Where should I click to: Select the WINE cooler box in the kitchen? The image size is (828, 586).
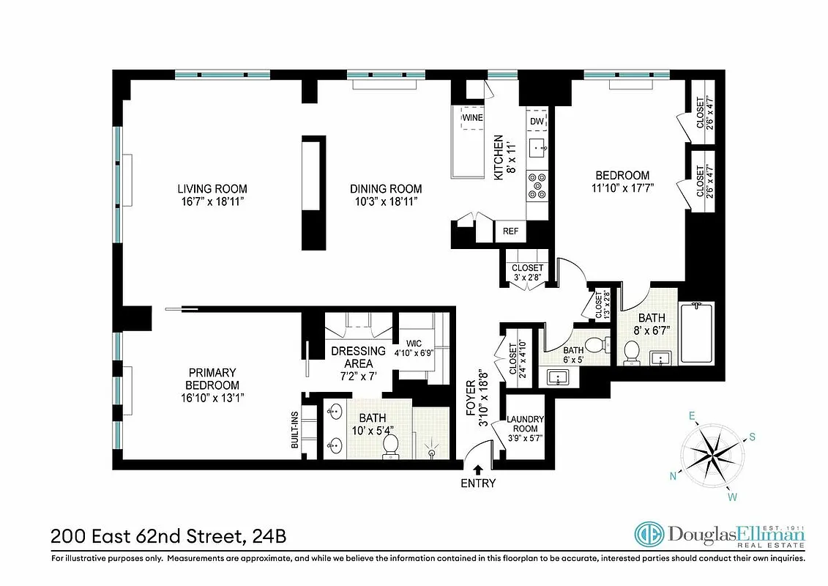click(x=471, y=117)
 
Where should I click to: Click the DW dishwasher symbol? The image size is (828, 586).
click(x=536, y=120)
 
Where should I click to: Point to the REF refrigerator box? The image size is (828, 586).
click(x=510, y=231)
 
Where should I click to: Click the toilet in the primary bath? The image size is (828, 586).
click(x=392, y=445)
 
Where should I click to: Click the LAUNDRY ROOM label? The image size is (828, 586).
click(x=526, y=424)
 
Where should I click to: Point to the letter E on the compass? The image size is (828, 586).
click(x=690, y=416)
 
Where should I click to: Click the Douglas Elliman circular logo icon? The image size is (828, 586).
click(x=649, y=535)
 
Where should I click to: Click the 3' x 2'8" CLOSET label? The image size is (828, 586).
click(x=528, y=272)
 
